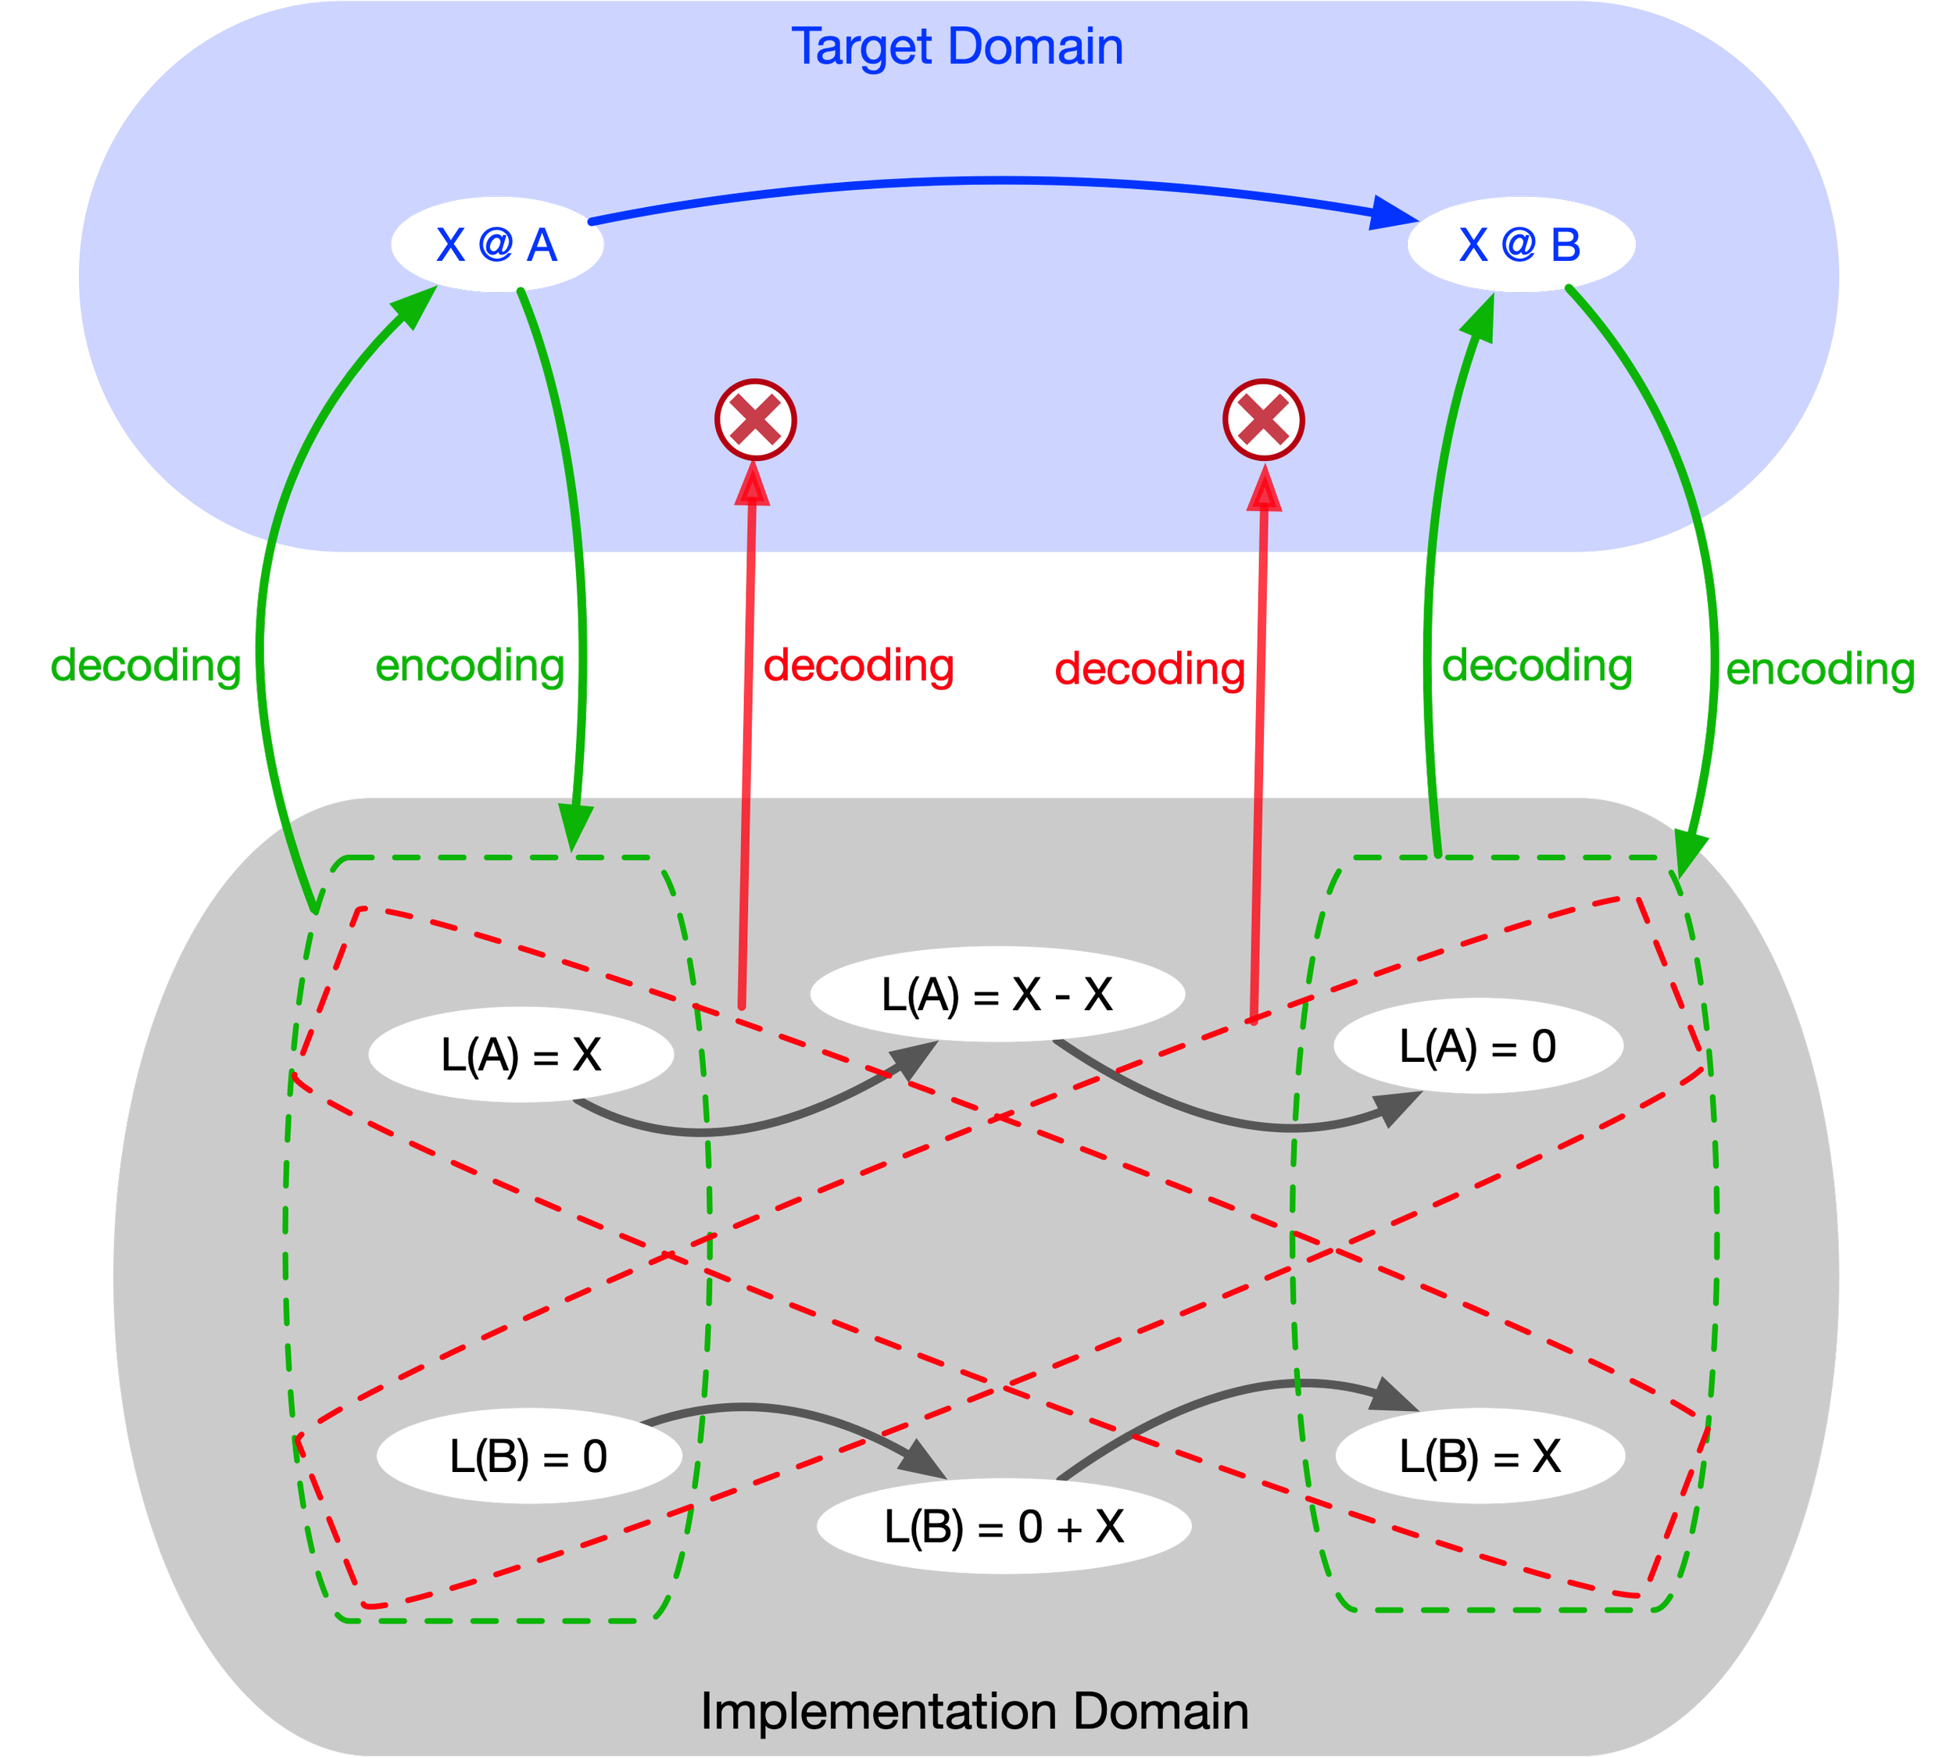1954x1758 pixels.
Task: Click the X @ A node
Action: [497, 245]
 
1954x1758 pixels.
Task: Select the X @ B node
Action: [1520, 245]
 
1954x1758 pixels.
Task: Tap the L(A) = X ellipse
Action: [521, 1054]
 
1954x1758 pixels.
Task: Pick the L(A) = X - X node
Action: [997, 994]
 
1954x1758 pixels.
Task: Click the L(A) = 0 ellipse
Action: [1477, 1046]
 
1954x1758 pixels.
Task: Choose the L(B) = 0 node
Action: [528, 1456]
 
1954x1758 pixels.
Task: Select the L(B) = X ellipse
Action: [1480, 1456]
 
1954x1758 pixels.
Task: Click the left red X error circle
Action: [756, 420]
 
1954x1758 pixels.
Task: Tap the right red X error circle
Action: [1264, 420]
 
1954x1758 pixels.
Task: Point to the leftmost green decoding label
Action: [146, 666]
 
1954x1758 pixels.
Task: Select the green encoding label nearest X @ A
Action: [470, 666]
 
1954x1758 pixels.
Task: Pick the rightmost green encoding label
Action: [1820, 668]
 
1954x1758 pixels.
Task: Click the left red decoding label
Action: [859, 666]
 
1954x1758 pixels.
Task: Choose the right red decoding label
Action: [1150, 668]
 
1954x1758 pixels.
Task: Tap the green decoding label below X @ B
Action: [1537, 666]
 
